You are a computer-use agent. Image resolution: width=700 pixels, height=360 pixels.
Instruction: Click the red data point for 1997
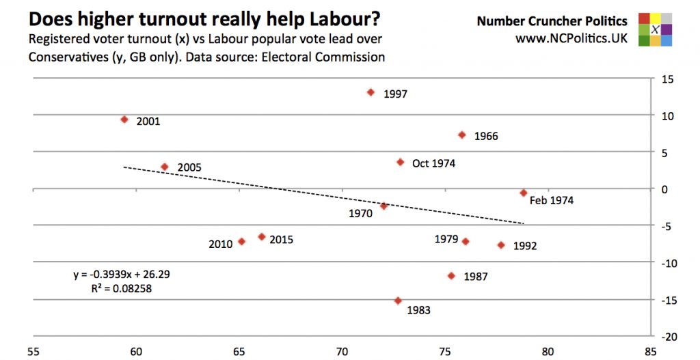pos(371,92)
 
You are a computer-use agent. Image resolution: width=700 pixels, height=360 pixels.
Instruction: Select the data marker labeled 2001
pos(124,120)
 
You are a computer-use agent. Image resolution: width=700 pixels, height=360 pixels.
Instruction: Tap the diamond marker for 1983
pos(398,301)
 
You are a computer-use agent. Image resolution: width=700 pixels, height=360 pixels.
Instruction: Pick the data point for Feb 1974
pos(524,193)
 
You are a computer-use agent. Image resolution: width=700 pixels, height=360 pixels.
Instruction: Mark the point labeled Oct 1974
pos(401,162)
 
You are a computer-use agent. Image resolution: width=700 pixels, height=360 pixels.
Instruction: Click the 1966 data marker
pos(462,135)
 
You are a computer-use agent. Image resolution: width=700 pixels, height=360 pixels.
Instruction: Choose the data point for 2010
pos(241,241)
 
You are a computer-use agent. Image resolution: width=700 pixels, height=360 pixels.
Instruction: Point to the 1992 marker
pos(501,245)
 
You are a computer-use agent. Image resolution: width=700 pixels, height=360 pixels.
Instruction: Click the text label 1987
pos(475,277)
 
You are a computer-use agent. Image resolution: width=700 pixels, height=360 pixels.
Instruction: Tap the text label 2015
pos(281,239)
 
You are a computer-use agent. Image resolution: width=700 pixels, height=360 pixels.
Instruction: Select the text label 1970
pos(360,214)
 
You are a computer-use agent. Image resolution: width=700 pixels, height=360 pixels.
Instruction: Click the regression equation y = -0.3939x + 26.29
pos(122,275)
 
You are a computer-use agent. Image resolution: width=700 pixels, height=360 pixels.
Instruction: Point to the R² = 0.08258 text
pos(122,288)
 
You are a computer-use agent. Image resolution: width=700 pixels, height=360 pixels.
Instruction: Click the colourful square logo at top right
pos(654,29)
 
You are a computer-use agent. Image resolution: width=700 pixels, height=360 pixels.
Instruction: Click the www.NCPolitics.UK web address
pos(571,38)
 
